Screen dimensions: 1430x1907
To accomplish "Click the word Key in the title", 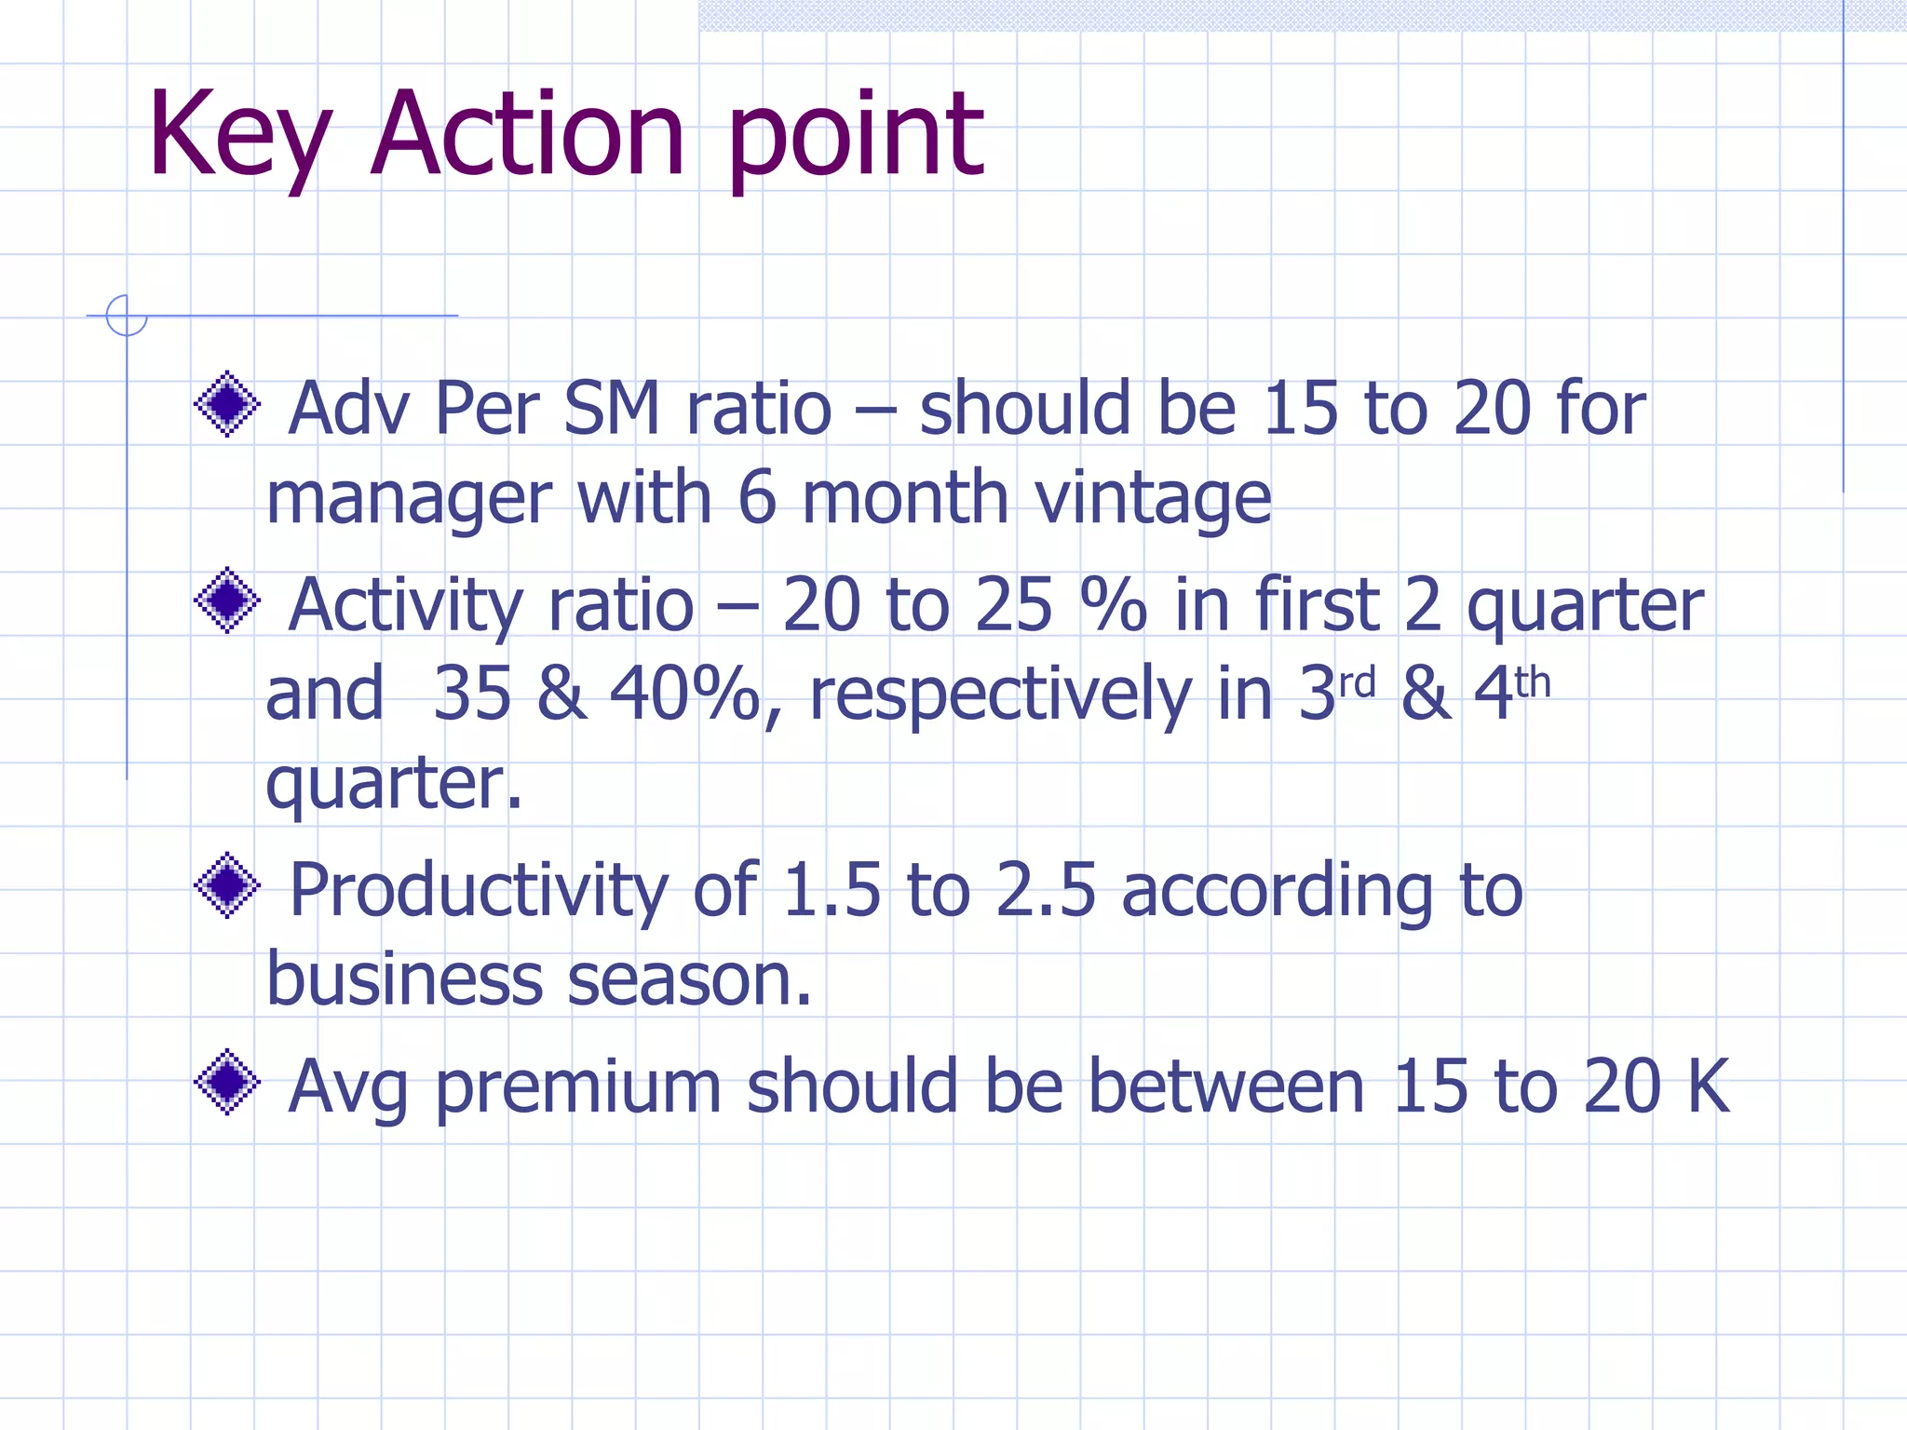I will pos(239,135).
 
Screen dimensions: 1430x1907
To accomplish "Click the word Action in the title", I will pos(528,135).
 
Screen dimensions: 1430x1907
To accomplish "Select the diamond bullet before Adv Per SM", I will pos(227,404).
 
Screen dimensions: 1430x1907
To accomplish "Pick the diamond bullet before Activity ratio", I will pos(227,600).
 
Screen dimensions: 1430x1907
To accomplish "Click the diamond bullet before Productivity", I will pos(227,885).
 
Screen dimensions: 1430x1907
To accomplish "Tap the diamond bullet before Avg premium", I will pos(227,1083).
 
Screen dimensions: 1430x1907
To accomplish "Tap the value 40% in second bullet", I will pos(684,695).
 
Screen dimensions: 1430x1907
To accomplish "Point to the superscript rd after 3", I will pos(1357,683).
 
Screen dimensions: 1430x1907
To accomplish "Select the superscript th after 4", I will pos(1533,683).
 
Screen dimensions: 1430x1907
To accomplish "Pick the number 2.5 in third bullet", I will pos(1045,891).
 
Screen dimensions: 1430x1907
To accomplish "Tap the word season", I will pos(689,980).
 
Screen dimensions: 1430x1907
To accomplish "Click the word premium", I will pos(579,1087).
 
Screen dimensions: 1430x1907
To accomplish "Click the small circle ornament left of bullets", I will pos(127,316).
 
